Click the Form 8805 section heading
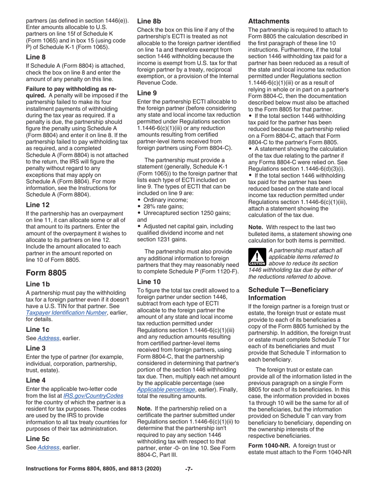click(x=46, y=273)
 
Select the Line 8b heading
click(x=149, y=21)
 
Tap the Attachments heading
click(x=269, y=21)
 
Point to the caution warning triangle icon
click(x=256, y=257)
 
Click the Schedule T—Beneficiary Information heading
click(x=288, y=294)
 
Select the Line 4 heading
click(x=36, y=380)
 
